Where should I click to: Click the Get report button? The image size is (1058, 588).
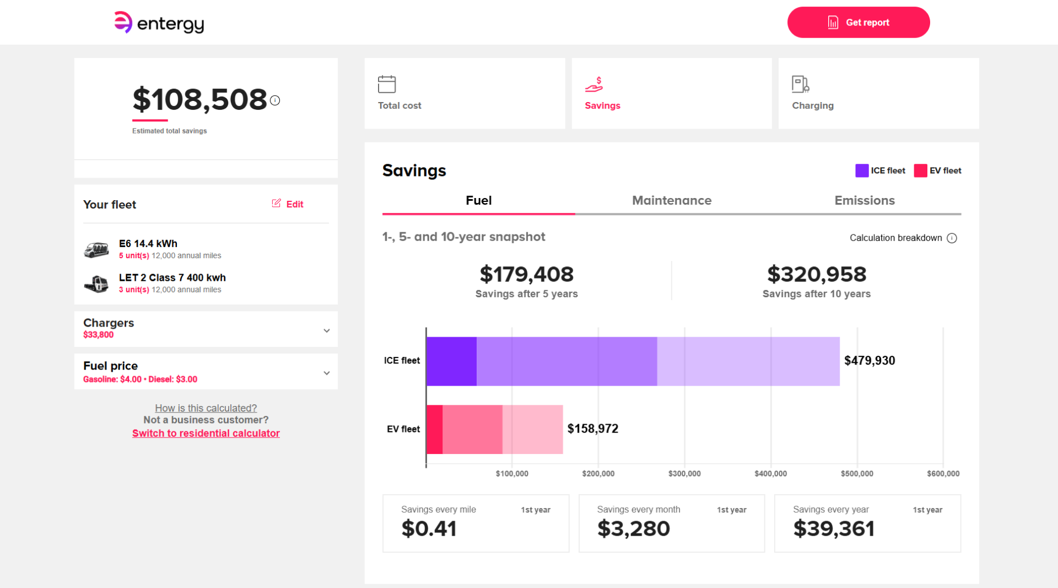[859, 23]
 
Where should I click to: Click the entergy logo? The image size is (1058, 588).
[159, 23]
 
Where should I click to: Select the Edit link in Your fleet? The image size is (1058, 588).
[288, 204]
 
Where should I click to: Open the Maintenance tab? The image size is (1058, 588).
[672, 200]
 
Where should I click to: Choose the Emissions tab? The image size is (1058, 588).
[865, 200]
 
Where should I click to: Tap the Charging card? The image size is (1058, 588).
[878, 93]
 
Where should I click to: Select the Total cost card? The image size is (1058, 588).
[465, 93]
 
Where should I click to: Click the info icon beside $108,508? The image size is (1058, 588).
[275, 100]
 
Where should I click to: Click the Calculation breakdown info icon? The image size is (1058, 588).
[952, 238]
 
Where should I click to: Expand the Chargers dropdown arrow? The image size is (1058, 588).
[327, 331]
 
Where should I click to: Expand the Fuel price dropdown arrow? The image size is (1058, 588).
[327, 373]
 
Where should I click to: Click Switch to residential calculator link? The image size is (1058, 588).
[206, 434]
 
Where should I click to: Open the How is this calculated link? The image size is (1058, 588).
[206, 408]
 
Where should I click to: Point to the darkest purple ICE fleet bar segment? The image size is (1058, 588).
[452, 361]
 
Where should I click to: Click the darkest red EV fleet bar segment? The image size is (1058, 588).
[435, 430]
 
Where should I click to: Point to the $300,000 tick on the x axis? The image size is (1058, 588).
[684, 474]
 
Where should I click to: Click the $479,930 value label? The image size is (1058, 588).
[870, 361]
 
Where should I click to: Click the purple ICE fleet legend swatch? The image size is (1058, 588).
[862, 170]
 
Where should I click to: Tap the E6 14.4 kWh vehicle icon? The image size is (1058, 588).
[96, 250]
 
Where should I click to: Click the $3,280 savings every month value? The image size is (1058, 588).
[634, 528]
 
